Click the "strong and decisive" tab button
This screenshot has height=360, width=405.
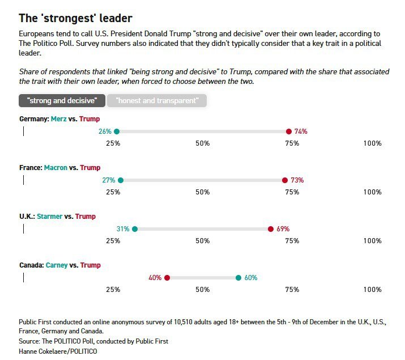coord(62,101)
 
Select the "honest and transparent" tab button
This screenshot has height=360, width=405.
coord(157,101)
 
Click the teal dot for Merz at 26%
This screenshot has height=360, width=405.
coord(117,132)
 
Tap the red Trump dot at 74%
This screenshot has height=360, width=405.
coord(289,132)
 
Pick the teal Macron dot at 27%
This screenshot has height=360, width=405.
coord(121,180)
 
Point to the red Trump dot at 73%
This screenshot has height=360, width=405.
coord(285,180)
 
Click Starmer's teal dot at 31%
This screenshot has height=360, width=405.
coord(135,229)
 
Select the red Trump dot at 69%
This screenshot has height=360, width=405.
coord(271,229)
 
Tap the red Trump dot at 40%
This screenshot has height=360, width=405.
coord(167,278)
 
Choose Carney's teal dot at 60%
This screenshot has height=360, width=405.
coord(238,278)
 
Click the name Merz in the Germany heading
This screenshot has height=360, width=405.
coord(58,119)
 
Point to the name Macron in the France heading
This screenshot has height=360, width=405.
coord(56,168)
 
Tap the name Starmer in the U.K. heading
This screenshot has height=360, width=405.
coord(49,217)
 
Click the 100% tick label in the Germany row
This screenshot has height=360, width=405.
coord(372,143)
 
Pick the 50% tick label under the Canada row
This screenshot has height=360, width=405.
coord(203,290)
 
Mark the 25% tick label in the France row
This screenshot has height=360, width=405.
coord(113,192)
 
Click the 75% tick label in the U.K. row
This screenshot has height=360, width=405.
coord(292,241)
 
